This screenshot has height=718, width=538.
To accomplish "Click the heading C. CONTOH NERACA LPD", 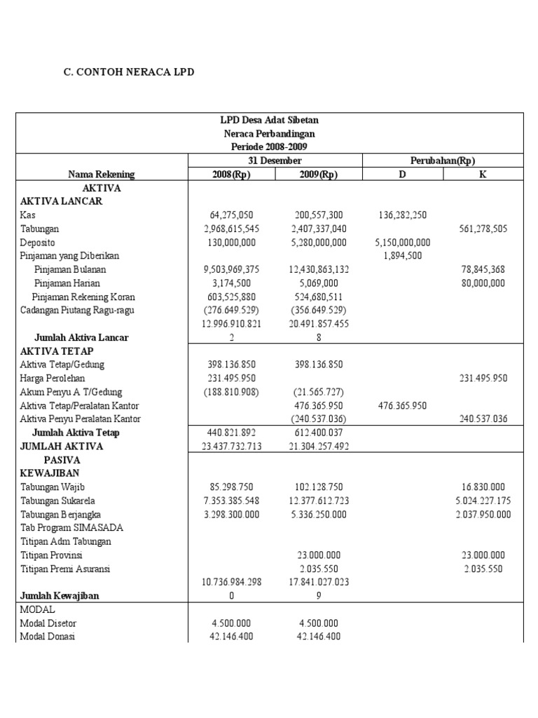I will (129, 72).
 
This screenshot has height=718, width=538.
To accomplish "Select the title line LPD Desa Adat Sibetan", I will (269, 120).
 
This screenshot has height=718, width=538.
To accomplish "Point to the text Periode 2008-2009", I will (269, 147).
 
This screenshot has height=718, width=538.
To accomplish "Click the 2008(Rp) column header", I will (231, 175).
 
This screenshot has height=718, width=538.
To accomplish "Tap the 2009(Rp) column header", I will (319, 175).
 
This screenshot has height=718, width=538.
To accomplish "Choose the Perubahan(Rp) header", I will (443, 161).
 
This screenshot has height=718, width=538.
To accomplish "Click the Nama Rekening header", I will (102, 175).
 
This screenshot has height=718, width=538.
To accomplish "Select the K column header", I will (483, 175).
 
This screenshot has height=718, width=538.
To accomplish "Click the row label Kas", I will (27, 215).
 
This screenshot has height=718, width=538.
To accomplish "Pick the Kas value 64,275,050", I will (231, 215).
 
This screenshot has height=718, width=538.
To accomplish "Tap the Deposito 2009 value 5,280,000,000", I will (319, 243).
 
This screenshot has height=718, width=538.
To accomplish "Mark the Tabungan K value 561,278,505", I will (483, 229).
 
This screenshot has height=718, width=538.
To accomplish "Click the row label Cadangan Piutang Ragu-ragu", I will (77, 311).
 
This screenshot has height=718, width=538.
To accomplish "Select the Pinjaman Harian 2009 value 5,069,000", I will (319, 283).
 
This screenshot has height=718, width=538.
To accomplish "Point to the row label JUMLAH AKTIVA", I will (62, 446).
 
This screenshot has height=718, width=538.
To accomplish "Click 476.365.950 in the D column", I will (402, 405).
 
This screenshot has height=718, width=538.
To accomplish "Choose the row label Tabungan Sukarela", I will (57, 501).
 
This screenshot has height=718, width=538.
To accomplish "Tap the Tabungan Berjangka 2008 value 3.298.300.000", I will (231, 514).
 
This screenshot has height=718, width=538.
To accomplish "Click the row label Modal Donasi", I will (48, 637).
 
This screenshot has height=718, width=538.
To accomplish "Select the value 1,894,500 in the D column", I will (402, 256).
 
